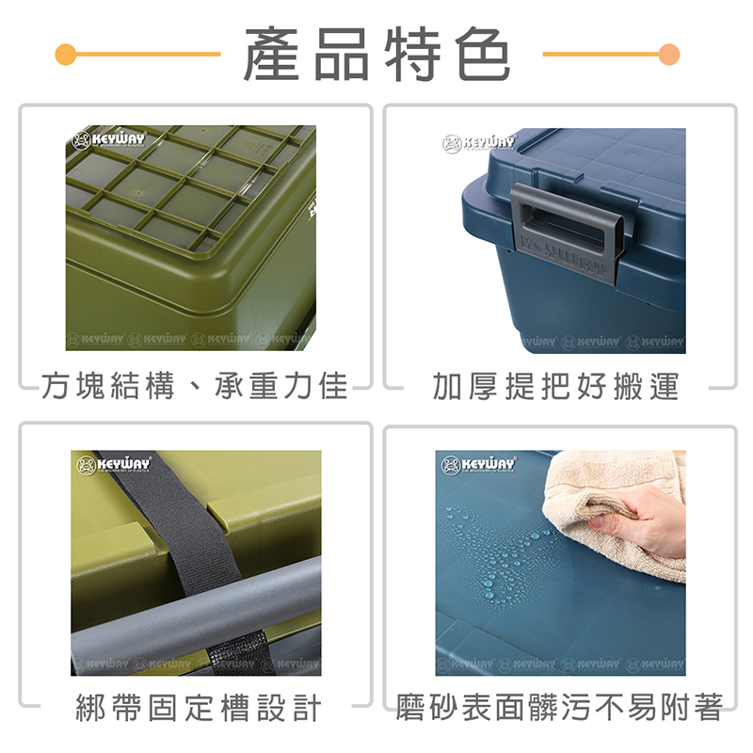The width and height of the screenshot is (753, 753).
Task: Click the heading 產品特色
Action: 376,55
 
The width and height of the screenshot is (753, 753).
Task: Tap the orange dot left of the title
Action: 65,54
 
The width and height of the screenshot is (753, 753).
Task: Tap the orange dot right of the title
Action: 669,54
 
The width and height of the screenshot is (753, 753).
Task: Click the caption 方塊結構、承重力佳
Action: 195,386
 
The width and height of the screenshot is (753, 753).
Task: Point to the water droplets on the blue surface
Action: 499,555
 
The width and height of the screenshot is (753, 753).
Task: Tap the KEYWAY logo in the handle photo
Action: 479,143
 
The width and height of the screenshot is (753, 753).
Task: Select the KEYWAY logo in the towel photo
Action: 478,465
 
